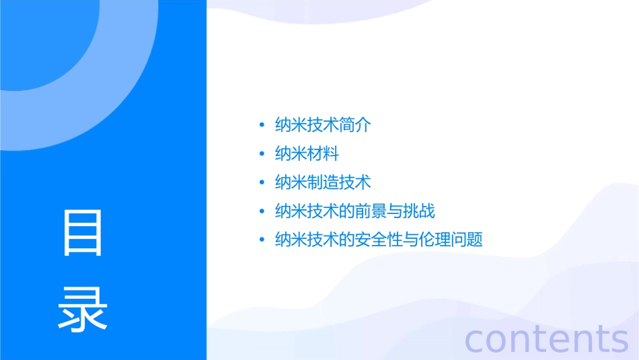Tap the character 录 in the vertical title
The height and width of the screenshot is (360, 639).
tap(83, 309)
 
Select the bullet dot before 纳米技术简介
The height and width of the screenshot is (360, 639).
tap(262, 125)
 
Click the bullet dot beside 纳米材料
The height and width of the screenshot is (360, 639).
tap(262, 154)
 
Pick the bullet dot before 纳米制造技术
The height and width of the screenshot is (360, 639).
tap(262, 183)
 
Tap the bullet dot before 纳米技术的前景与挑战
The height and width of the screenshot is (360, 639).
tap(262, 211)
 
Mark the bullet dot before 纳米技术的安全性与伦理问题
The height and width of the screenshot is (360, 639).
tap(262, 240)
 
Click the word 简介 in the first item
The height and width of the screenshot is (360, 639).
tap(355, 125)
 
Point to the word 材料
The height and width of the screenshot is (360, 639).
tap(323, 154)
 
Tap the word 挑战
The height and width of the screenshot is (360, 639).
tap(419, 211)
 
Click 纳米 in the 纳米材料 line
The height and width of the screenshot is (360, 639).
tap(291, 154)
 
